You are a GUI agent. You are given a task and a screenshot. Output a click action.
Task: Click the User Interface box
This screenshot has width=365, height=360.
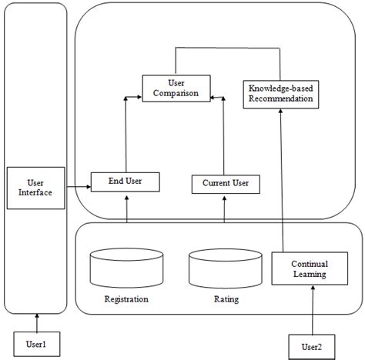tap(34, 186)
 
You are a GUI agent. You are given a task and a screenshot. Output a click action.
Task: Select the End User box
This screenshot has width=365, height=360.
tap(126, 182)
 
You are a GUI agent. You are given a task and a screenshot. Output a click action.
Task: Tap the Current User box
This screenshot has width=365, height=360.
tap(226, 184)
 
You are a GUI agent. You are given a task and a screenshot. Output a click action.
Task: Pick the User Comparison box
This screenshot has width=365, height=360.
tap(176, 87)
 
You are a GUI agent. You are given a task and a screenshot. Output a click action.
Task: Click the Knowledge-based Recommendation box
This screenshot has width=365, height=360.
tap(280, 94)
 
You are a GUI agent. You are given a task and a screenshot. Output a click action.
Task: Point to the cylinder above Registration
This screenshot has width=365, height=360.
tap(126, 266)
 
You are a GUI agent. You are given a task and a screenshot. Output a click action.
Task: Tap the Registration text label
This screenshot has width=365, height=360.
tap(126, 298)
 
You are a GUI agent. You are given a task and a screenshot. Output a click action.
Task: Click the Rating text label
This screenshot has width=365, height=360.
tap(226, 298)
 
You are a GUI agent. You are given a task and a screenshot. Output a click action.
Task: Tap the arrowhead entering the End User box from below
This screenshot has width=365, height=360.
tap(126, 196)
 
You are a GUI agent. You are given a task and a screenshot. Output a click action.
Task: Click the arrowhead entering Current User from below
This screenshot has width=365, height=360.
tap(225, 198)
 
